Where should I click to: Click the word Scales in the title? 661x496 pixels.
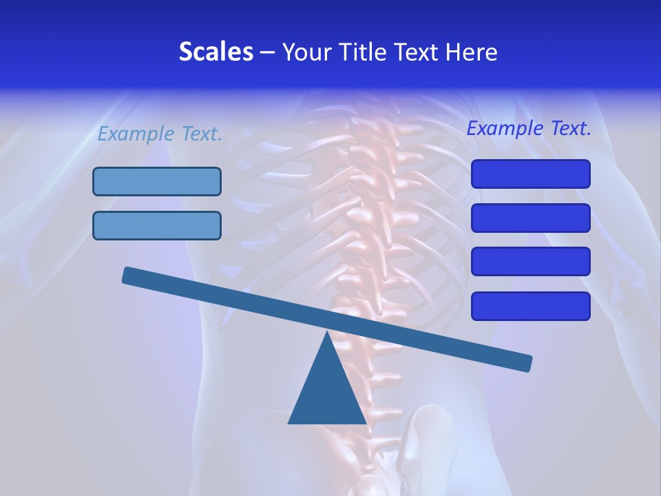[216, 52]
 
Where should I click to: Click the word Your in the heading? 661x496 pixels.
[306, 52]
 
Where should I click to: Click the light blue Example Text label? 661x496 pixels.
[160, 134]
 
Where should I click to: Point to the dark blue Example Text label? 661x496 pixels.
[529, 128]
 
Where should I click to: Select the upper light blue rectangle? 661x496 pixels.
[157, 182]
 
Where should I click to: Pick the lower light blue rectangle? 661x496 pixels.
[157, 226]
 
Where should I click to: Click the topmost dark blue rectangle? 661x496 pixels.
[530, 174]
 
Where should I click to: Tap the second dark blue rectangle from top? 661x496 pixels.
[530, 218]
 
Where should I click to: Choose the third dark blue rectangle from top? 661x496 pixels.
[530, 262]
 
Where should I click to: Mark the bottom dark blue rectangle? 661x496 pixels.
[530, 306]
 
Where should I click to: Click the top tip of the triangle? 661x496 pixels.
[327, 333]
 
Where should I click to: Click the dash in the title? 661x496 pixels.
[267, 52]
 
